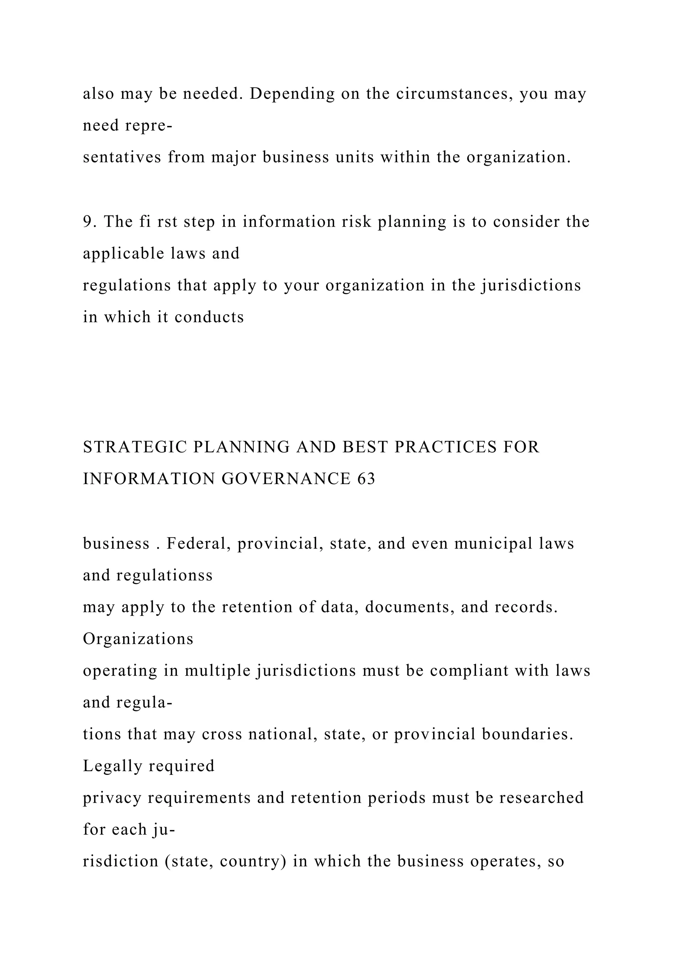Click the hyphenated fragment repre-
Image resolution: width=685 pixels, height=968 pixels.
pos(149,126)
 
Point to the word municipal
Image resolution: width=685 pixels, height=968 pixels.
pos(493,543)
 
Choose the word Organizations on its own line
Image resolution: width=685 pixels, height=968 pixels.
pos(138,639)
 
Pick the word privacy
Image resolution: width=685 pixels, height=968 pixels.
pos(112,799)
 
